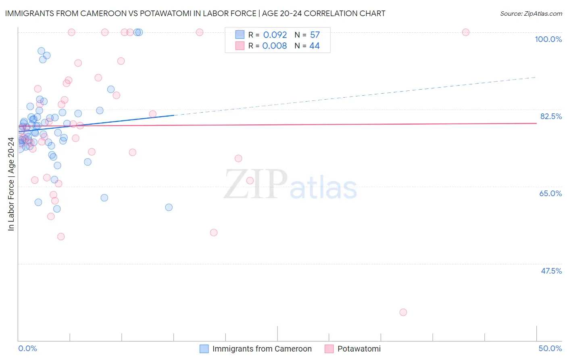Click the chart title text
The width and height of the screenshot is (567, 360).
pos(195,13)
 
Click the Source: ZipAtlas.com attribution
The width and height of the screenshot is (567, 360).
pos(531,13)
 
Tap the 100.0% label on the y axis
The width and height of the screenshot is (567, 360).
pos(548,39)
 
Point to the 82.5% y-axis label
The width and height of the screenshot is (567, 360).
pos(551,116)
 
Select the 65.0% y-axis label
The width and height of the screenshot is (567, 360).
pos(550,193)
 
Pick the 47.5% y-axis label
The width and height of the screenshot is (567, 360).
pos(551,271)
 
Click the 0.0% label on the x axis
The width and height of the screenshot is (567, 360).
pos(27,348)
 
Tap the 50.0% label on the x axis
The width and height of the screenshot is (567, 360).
pos(550,348)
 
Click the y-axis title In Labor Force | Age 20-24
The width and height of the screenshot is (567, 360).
pos(11,184)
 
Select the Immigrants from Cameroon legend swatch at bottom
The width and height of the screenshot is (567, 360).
pos(204,349)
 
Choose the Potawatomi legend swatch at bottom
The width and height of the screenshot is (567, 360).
pos(329,349)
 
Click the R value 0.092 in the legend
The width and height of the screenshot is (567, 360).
pos(275,35)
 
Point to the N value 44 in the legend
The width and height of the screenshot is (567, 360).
pos(315,46)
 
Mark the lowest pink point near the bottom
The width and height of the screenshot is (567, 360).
pos(403,312)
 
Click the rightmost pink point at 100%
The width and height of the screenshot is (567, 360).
pos(465,32)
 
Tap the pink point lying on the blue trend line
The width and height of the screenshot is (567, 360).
pos(152,114)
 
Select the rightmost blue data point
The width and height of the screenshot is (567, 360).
pos(169,207)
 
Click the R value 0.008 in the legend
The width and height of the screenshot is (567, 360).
pos(275,46)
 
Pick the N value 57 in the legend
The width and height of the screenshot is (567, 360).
pos(315,35)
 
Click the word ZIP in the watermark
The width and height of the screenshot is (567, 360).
pos(255,184)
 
